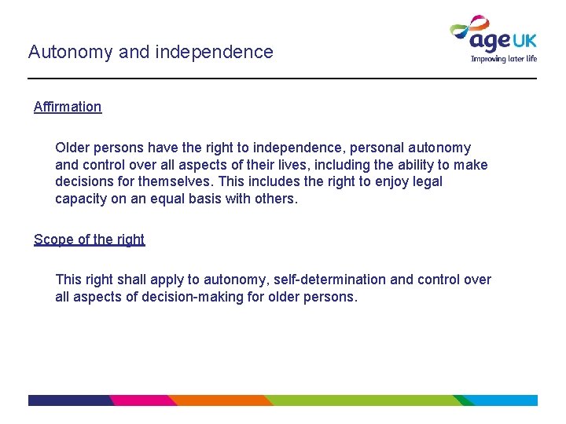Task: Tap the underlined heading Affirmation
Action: pos(68,107)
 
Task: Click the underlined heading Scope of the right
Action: pos(89,239)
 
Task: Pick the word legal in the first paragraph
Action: pos(425,181)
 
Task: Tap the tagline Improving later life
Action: pos(504,58)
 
